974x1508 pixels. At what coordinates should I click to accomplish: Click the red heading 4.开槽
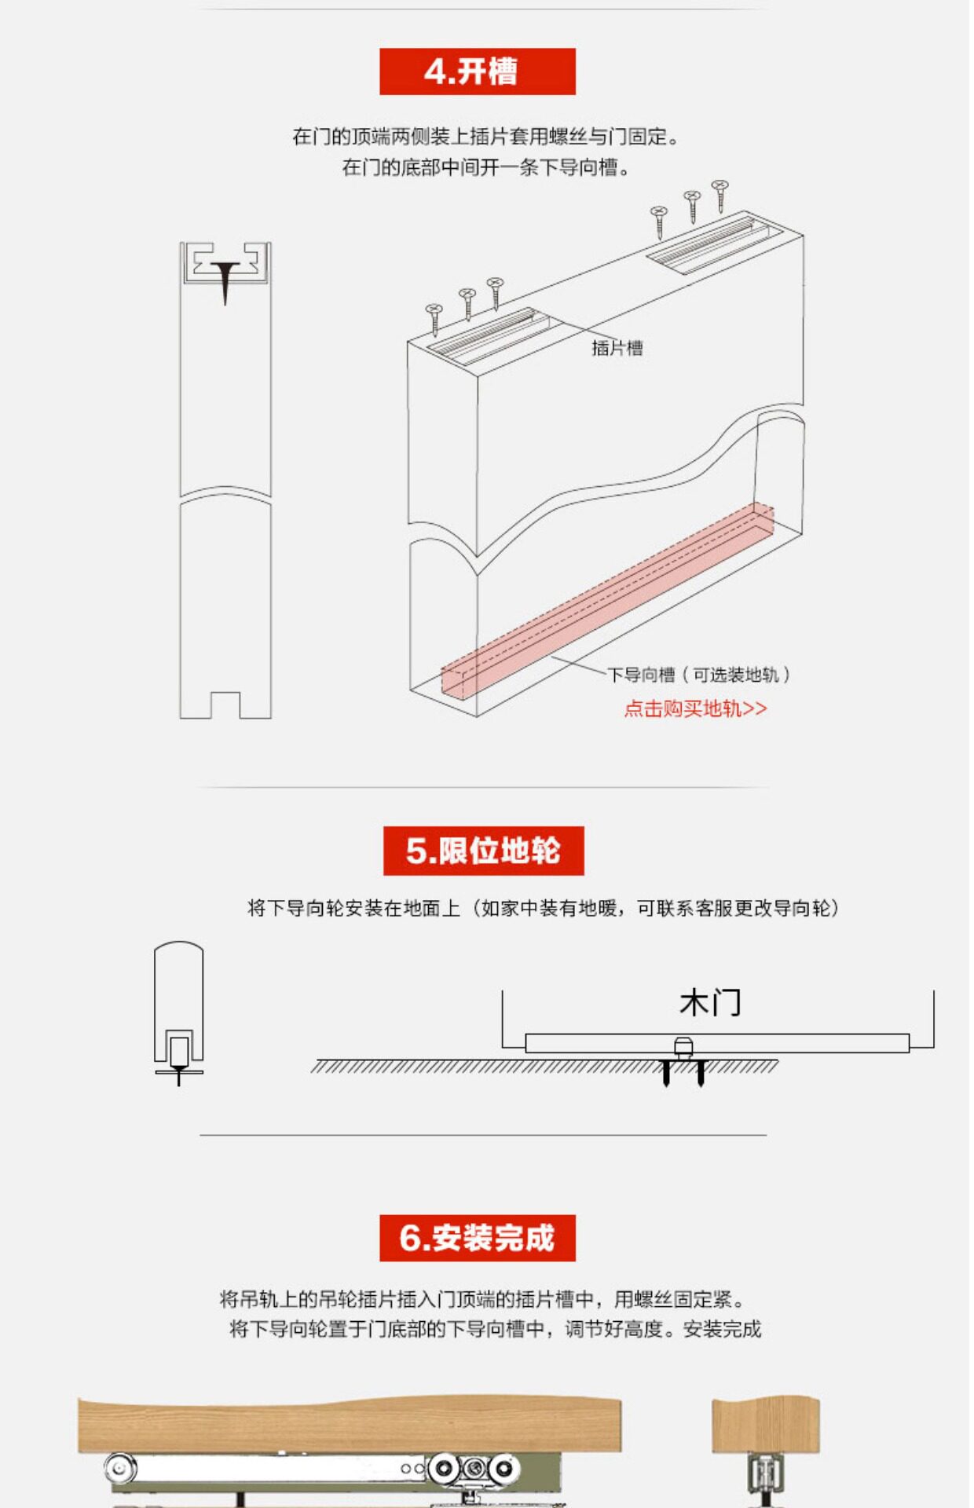click(x=477, y=71)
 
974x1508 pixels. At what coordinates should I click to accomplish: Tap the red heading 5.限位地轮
click(x=483, y=851)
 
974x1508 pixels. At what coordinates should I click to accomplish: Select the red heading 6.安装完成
click(x=477, y=1238)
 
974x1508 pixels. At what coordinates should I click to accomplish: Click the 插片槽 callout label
click(x=617, y=348)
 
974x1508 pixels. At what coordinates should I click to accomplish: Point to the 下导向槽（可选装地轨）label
click(x=698, y=675)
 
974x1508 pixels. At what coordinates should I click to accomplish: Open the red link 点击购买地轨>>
click(x=695, y=708)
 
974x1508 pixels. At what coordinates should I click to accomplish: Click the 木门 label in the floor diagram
click(x=710, y=1003)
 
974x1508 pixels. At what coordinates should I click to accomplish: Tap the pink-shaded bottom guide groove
click(x=605, y=601)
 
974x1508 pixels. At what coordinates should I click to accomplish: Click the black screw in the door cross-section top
click(x=225, y=281)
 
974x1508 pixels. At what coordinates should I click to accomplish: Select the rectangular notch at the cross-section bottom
click(x=225, y=705)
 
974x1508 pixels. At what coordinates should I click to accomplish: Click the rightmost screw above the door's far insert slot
click(x=720, y=195)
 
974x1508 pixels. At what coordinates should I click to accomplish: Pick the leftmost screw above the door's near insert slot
click(x=434, y=318)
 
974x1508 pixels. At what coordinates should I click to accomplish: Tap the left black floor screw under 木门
click(x=666, y=1073)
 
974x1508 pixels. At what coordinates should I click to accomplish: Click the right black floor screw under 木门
click(x=701, y=1073)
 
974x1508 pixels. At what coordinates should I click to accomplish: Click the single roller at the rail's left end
click(x=119, y=1466)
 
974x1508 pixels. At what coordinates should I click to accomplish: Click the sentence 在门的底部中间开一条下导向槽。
click(x=485, y=167)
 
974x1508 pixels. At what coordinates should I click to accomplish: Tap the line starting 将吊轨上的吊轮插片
click(x=481, y=1299)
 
